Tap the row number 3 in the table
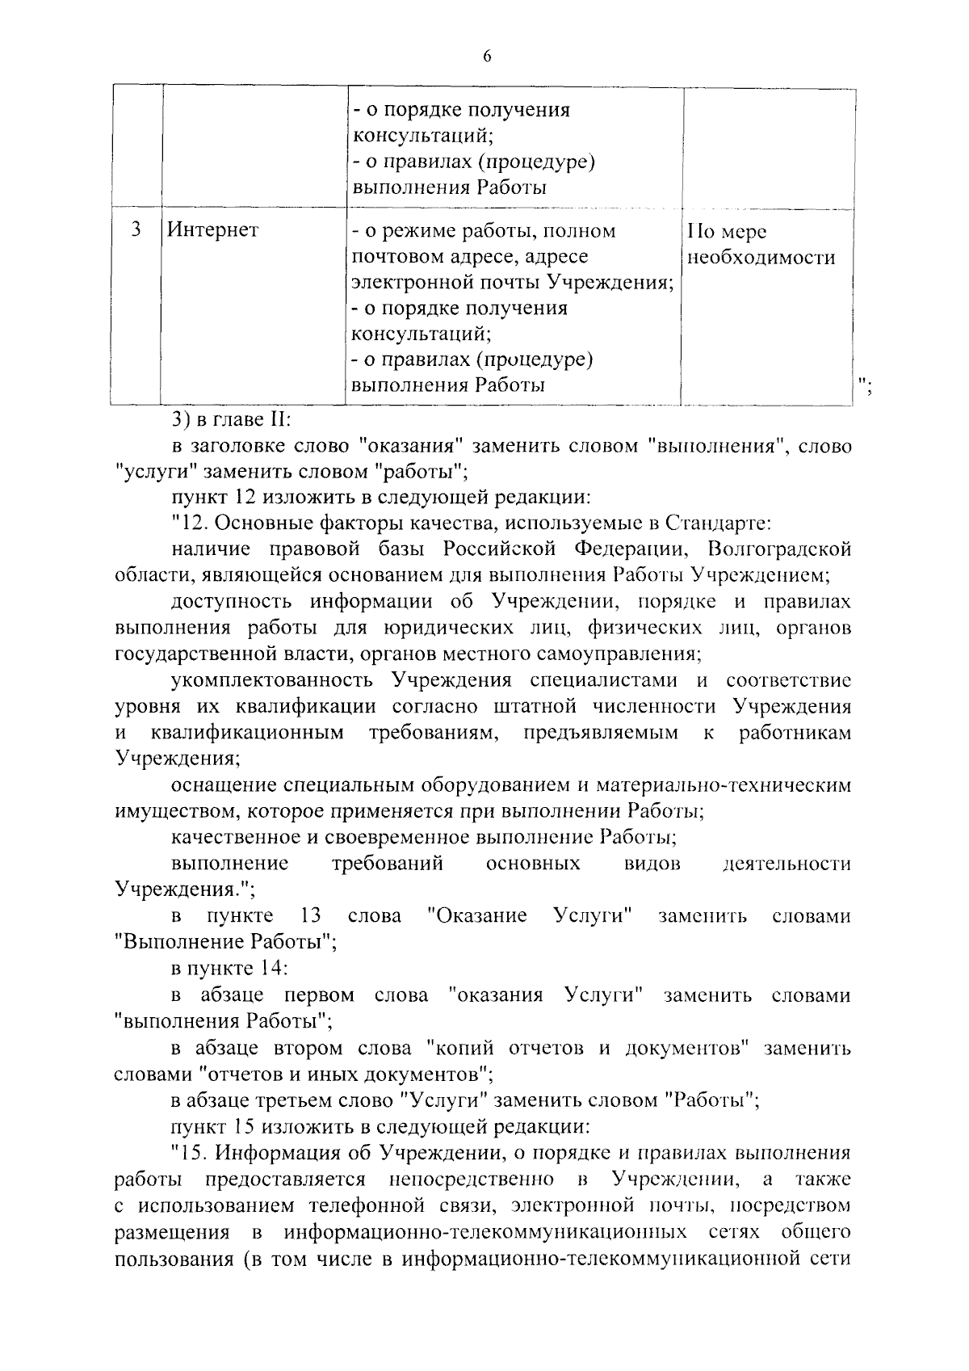coord(136,230)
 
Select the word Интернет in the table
coord(213,231)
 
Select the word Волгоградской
coord(778,550)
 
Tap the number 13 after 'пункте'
coord(310,915)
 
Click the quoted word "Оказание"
coord(477,915)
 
